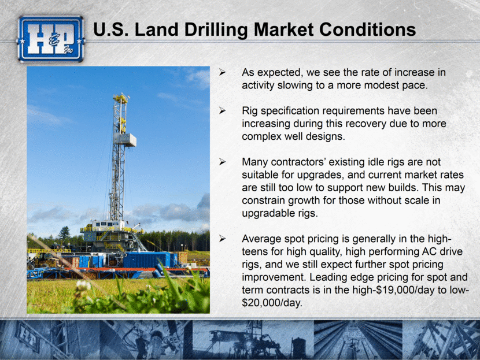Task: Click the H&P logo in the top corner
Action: (x=51, y=39)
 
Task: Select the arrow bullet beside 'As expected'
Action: (x=222, y=72)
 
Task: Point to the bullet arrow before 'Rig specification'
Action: (x=222, y=111)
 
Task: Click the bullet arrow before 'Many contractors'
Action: (x=222, y=162)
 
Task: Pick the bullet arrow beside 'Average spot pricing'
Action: (x=222, y=239)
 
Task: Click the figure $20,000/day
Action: (x=272, y=303)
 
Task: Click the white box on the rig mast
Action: (x=126, y=139)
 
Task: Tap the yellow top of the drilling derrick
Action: (x=121, y=98)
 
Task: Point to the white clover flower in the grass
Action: (x=83, y=285)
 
